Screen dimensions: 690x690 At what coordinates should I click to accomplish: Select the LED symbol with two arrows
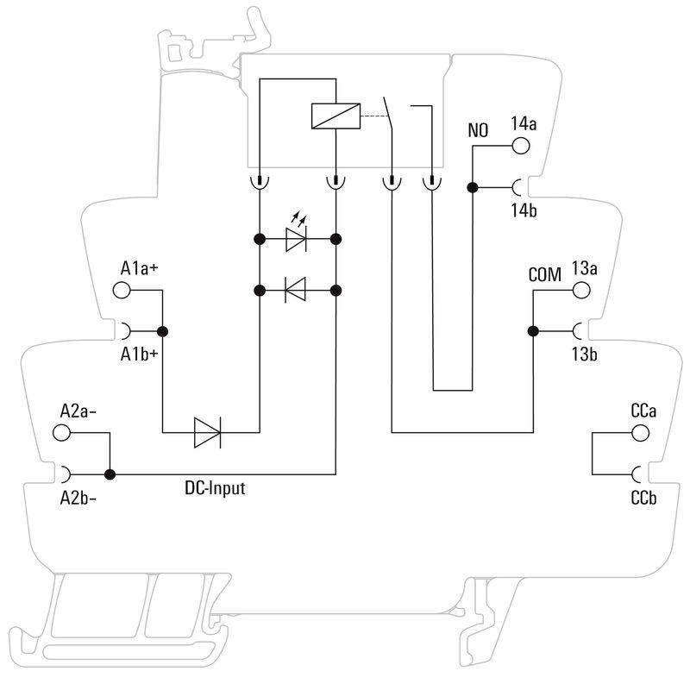click(x=297, y=239)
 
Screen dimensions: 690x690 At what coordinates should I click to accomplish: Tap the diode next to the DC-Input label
click(x=208, y=431)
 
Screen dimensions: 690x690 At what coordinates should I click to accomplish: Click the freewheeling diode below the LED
click(x=297, y=291)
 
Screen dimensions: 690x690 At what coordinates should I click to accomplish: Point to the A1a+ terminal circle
click(x=122, y=291)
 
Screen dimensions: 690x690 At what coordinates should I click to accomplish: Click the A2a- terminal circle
click(x=62, y=432)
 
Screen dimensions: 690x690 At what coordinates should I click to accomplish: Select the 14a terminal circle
click(x=522, y=145)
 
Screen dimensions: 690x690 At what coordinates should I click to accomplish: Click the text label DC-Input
click(x=215, y=489)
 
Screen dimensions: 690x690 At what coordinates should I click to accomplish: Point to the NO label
click(x=477, y=131)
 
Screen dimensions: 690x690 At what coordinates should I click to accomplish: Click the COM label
click(x=544, y=274)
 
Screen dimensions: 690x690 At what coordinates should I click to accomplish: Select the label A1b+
click(x=139, y=353)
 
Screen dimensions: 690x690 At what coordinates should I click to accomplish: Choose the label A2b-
click(x=78, y=497)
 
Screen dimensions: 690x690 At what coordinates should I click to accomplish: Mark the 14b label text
click(x=523, y=210)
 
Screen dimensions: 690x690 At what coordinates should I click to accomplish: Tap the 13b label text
click(x=584, y=353)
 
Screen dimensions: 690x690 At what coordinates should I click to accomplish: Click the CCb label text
click(x=644, y=497)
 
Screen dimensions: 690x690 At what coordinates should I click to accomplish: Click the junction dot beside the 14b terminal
click(x=472, y=187)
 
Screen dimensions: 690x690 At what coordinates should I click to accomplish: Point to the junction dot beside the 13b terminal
click(x=533, y=331)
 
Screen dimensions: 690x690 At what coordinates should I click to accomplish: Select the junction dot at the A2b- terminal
click(x=110, y=474)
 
